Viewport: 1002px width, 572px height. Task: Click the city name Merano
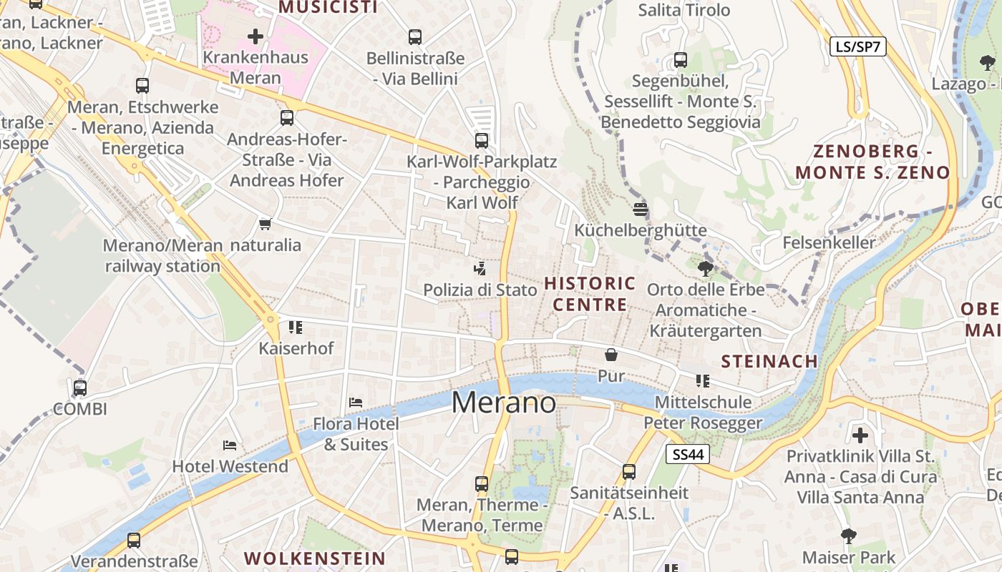503,403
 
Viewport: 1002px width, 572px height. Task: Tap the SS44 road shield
687,454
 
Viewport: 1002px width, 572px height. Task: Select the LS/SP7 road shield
858,47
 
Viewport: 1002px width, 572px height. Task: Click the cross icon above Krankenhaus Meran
256,36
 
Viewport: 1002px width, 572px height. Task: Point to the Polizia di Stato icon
480,269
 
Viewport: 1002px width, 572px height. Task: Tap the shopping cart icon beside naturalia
266,225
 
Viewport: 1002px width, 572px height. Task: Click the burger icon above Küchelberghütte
641,209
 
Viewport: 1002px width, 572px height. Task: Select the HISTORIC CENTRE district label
590,294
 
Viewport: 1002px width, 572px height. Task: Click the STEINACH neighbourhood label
769,361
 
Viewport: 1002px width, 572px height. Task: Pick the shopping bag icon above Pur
611,355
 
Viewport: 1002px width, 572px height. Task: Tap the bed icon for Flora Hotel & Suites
356,403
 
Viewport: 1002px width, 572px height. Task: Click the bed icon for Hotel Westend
230,445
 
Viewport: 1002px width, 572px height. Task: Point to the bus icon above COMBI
80,388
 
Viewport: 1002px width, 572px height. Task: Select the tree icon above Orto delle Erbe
706,269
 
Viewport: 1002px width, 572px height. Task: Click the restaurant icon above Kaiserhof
296,327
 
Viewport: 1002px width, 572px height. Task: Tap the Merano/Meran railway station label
163,256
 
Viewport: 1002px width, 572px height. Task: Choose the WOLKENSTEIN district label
315,558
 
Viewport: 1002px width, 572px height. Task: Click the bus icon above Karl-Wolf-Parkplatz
482,141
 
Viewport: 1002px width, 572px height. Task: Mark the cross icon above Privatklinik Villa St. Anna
860,435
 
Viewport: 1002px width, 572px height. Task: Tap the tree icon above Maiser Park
849,536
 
